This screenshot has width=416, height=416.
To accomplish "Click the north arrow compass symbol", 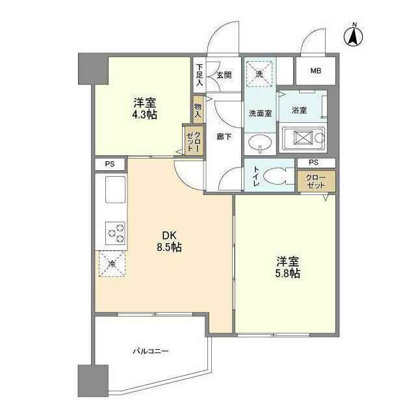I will click(x=354, y=35).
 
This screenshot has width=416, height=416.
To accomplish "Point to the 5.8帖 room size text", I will click(x=287, y=274).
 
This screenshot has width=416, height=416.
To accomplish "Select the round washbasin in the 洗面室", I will click(x=262, y=144).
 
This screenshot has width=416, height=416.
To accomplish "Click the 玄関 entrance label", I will click(x=224, y=75).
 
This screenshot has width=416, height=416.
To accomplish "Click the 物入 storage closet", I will click(x=198, y=108).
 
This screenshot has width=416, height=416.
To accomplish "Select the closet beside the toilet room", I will click(x=317, y=181).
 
